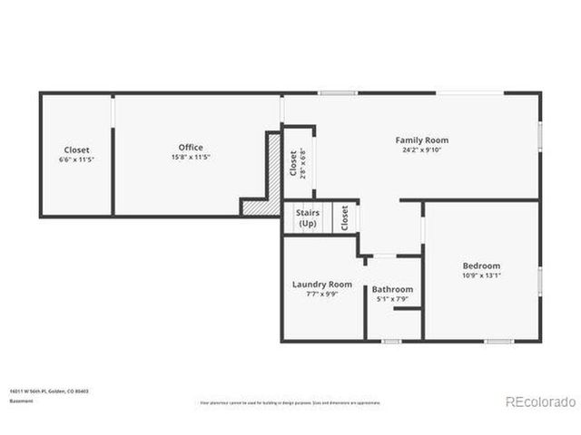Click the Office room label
(x=191, y=147)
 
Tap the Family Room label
(x=421, y=140)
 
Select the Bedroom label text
(x=481, y=266)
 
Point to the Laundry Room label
(x=321, y=284)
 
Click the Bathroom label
(x=392, y=289)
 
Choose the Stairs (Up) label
(x=308, y=218)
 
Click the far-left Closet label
(x=76, y=150)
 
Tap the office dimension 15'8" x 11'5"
(x=191, y=157)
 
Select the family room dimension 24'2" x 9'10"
(x=421, y=150)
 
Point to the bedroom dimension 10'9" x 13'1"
(x=481, y=275)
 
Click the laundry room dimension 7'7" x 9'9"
(x=321, y=294)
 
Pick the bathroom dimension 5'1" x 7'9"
(x=392, y=299)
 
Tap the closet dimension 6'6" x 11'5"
(x=76, y=159)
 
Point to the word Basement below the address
(x=23, y=400)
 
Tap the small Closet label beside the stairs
(x=344, y=218)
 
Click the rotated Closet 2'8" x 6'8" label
(x=297, y=163)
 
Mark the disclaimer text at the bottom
(x=290, y=402)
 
